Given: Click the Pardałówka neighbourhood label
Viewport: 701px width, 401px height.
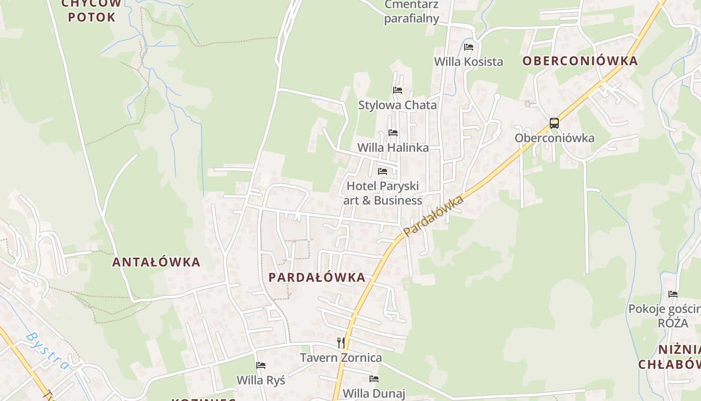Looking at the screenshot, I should [317, 277].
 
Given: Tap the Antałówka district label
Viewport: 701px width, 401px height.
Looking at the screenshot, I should [156, 262].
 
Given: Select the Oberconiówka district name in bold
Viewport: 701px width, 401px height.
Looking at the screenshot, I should [580, 61].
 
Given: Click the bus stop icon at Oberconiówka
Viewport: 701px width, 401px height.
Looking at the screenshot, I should [554, 123].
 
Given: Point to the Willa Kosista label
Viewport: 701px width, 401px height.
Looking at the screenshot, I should [468, 62].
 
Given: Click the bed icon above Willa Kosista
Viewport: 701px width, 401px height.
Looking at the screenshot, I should [469, 47].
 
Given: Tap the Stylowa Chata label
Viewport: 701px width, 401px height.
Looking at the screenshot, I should [398, 105].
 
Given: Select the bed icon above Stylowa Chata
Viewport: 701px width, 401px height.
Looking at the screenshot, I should [398, 90].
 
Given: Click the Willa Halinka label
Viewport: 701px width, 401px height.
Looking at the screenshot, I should [393, 148].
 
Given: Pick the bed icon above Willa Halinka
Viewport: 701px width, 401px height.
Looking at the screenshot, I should [393, 133].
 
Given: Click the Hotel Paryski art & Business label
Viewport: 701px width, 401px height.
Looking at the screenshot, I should [383, 193].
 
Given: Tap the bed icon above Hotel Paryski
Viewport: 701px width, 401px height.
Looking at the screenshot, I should [383, 171].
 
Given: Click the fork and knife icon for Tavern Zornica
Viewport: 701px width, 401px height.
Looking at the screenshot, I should [341, 343].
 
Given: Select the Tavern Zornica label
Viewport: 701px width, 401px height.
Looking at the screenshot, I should [341, 358].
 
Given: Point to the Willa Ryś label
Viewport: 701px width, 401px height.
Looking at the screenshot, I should [261, 380].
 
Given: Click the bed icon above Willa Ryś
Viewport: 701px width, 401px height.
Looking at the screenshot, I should [261, 365].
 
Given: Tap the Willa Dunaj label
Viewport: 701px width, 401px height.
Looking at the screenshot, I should [374, 393].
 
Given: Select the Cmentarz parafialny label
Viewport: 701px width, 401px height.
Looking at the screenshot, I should [412, 12].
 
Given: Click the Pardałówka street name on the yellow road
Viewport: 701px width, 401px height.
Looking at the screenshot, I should [434, 216].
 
